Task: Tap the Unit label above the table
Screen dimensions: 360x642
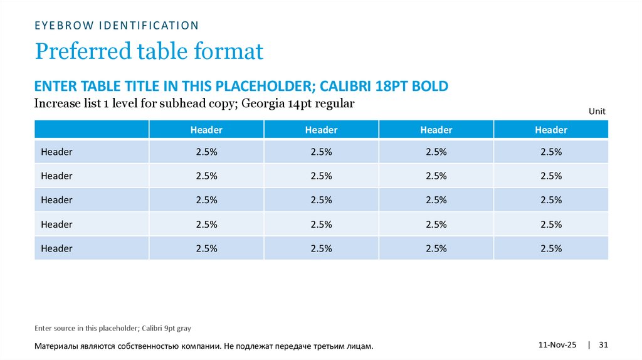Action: click(x=597, y=111)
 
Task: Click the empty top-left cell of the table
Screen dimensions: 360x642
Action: click(x=92, y=130)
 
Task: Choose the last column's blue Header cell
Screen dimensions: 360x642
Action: click(x=550, y=130)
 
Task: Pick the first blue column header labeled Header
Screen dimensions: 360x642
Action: click(x=206, y=130)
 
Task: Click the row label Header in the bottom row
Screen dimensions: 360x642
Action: click(x=56, y=248)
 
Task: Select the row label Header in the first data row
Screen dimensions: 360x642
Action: click(x=56, y=152)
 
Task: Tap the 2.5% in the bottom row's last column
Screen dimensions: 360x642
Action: click(x=550, y=248)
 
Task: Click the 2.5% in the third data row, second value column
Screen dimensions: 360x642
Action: click(x=321, y=200)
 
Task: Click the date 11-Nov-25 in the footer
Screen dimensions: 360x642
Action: click(x=557, y=346)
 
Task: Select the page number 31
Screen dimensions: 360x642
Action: click(x=604, y=346)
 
